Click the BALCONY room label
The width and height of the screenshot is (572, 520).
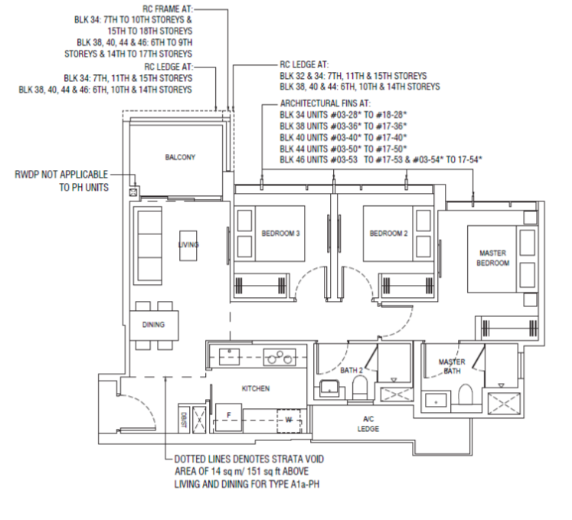(180, 157)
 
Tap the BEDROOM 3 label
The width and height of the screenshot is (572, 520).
(280, 233)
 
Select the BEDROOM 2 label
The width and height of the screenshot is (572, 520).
(388, 233)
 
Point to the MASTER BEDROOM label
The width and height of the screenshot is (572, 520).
(493, 258)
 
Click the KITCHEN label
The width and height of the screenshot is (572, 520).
(256, 388)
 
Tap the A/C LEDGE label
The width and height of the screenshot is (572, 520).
(368, 424)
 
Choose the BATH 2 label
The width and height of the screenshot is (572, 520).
(351, 371)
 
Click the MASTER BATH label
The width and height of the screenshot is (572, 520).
(452, 366)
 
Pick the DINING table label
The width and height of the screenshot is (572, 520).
(153, 325)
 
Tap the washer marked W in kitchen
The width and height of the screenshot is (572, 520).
(289, 420)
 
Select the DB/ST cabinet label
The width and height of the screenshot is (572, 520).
(184, 419)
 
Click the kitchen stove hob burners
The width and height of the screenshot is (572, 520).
(279, 357)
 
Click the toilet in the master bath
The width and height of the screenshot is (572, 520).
(465, 394)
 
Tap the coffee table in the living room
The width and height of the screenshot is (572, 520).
(188, 246)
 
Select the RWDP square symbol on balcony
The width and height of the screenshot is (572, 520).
(133, 192)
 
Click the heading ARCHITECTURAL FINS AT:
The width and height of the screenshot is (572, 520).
(325, 103)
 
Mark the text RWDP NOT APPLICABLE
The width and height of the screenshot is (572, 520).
(61, 175)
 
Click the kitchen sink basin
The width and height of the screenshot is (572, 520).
(229, 357)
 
